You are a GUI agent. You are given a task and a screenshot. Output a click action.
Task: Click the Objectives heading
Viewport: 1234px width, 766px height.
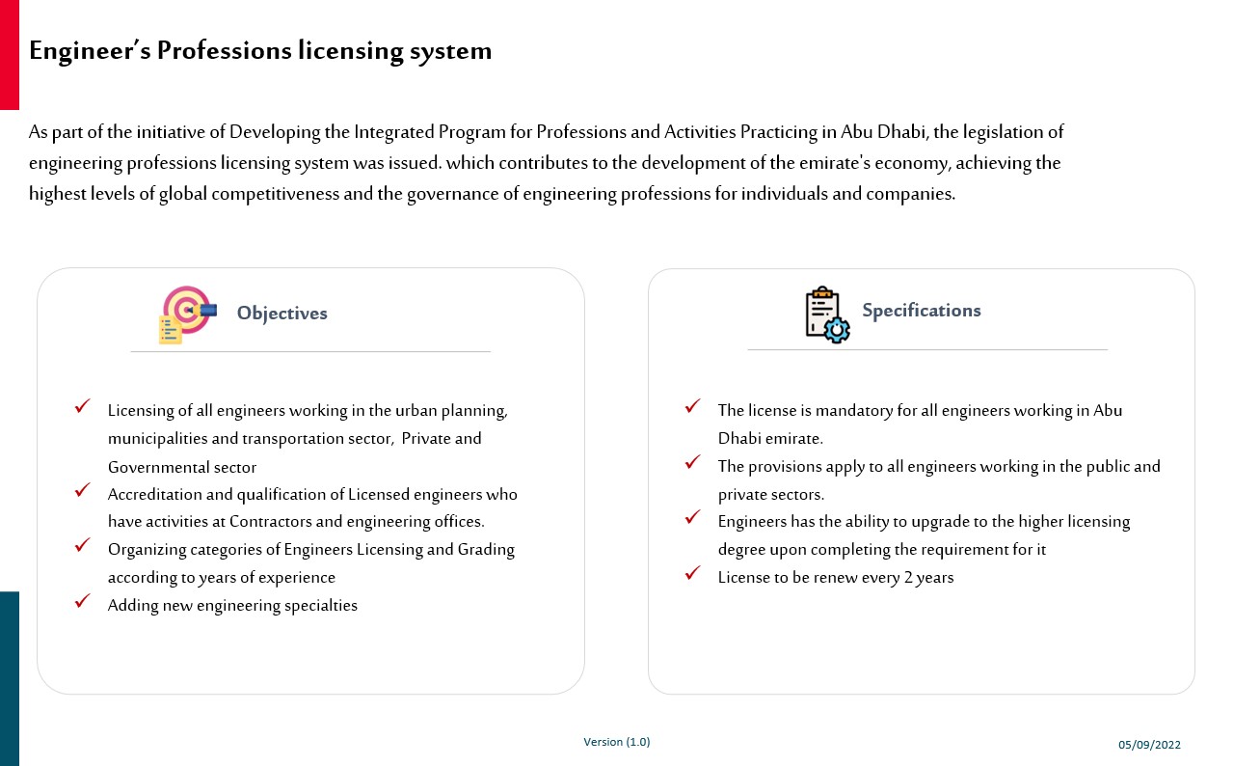[x=282, y=314]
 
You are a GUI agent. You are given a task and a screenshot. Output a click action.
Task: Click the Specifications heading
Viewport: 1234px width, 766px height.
[x=921, y=311]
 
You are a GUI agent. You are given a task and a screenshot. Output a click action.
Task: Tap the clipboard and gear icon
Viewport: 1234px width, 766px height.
[x=826, y=315]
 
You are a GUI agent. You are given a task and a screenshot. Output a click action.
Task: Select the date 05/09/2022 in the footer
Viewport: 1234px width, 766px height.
[x=1149, y=745]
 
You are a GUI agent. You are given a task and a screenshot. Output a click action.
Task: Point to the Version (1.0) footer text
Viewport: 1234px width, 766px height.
[x=617, y=742]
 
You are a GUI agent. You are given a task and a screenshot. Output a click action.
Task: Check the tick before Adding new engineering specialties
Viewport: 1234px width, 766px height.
[x=83, y=602]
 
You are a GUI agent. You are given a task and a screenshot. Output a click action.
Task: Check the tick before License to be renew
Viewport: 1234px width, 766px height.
[x=692, y=573]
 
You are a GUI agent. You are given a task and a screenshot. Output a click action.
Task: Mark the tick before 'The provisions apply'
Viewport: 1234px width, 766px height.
[x=692, y=462]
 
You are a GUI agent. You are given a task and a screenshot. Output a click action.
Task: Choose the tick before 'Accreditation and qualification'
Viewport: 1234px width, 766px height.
[x=83, y=490]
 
